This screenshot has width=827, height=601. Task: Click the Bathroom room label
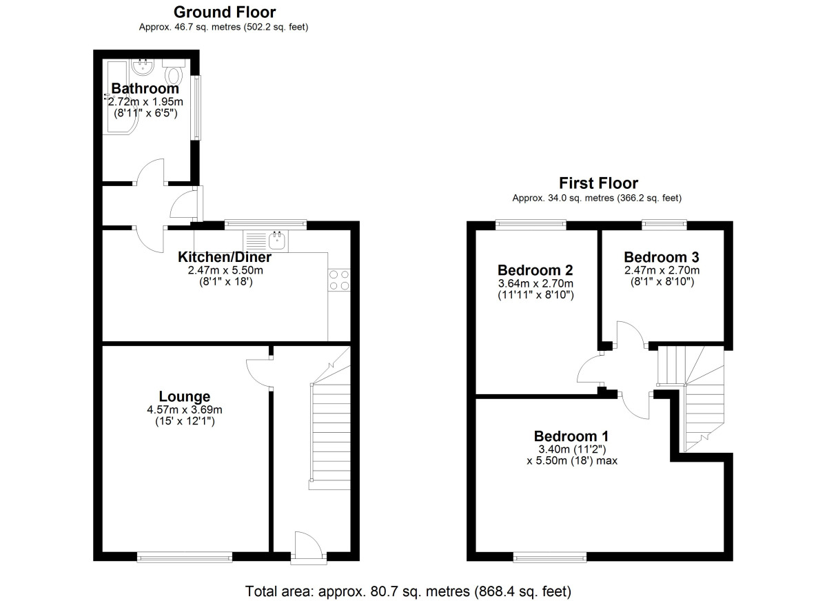pos(145,88)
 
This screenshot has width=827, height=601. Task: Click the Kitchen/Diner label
pos(225,257)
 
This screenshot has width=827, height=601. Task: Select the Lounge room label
pos(184,396)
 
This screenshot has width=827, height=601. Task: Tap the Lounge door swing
pos(257,373)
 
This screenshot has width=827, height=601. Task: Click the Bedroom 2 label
pos(535,269)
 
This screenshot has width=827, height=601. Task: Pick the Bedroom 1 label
pos(571,436)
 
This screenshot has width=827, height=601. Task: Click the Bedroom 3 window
pos(664,223)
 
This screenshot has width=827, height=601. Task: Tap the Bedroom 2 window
pos(531,223)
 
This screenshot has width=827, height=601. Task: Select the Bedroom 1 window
pos(549,556)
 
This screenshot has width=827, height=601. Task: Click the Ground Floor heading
pos(224,12)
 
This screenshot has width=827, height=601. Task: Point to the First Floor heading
pos(598,183)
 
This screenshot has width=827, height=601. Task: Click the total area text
pos(408,591)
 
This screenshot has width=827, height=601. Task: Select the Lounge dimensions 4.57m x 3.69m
pos(184,409)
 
